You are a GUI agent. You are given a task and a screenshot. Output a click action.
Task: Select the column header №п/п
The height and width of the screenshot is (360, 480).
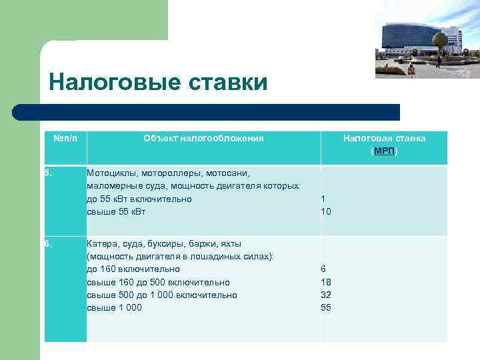click(x=65, y=138)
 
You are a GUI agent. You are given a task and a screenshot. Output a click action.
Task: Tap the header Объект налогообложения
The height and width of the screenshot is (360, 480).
click(x=203, y=138)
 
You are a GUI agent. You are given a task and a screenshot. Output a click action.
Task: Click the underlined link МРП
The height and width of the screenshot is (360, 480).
click(x=384, y=151)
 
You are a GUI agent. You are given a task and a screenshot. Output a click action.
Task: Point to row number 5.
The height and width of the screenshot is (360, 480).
click(x=47, y=173)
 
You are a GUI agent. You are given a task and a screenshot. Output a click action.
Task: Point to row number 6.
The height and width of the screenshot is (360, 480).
click(x=47, y=243)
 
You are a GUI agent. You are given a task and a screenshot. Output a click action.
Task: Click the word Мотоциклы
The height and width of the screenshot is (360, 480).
click(x=112, y=173)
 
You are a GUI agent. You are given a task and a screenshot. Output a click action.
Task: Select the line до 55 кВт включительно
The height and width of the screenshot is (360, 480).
click(x=139, y=199)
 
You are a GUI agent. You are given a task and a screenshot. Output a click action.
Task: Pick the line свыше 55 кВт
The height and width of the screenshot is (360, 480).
click(x=116, y=211)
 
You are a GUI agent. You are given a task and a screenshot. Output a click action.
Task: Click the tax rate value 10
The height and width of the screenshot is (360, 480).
click(x=325, y=211)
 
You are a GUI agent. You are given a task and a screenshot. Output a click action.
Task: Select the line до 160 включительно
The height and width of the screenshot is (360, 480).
click(x=133, y=269)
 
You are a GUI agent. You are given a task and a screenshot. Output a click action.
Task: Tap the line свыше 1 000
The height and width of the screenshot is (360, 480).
click(x=114, y=307)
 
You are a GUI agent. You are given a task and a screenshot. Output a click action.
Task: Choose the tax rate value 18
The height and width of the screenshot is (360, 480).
click(x=325, y=282)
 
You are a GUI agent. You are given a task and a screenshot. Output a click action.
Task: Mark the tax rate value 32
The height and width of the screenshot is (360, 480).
click(x=325, y=295)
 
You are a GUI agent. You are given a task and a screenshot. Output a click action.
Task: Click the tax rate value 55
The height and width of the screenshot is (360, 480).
click(x=325, y=307)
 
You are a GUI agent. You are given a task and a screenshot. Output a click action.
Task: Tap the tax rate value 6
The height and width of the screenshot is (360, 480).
click(x=323, y=269)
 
